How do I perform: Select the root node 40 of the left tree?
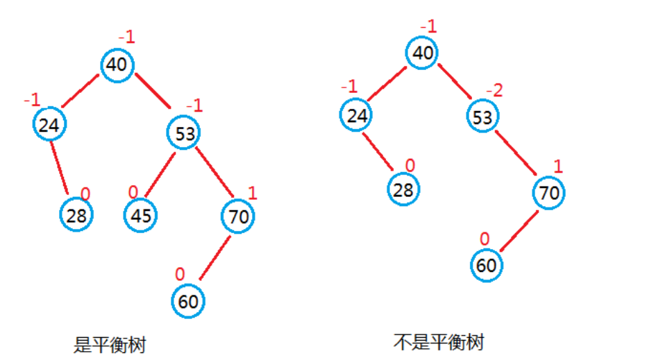click(x=118, y=65)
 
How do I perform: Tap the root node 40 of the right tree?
click(x=422, y=53)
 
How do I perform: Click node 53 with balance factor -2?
click(x=482, y=117)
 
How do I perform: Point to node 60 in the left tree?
click(x=188, y=302)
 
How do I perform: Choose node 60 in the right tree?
click(x=487, y=265)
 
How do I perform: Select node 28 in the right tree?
click(x=403, y=189)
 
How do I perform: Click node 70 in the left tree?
click(x=238, y=216)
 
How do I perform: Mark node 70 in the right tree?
click(x=549, y=193)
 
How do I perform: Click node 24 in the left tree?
click(x=49, y=125)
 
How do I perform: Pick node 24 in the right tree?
click(x=357, y=114)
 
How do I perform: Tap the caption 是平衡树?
click(x=110, y=345)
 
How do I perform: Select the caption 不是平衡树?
click(x=438, y=341)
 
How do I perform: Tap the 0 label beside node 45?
click(x=133, y=191)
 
